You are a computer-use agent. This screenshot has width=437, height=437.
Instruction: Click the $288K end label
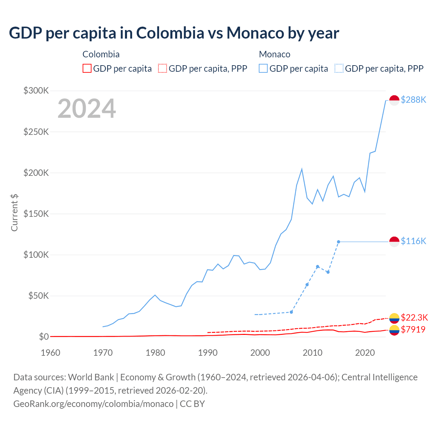click(413, 100)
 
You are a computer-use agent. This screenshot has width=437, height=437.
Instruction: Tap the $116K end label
click(413, 241)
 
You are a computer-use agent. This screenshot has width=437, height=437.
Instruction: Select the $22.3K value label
click(414, 318)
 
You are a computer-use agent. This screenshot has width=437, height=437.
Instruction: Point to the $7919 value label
click(413, 329)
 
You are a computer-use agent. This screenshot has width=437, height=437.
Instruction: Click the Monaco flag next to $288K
click(394, 100)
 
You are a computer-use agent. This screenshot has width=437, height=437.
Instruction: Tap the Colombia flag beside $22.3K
click(394, 318)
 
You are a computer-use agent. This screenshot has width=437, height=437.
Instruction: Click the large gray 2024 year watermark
click(87, 109)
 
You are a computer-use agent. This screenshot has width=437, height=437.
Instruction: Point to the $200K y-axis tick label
click(36, 173)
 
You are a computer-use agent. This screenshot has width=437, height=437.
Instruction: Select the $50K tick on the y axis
click(38, 296)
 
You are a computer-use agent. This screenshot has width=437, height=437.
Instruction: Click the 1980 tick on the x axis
click(155, 353)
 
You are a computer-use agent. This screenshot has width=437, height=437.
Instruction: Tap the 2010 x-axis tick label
click(312, 353)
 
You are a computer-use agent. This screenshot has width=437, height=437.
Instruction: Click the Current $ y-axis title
click(14, 212)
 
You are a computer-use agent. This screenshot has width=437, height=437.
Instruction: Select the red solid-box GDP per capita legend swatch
click(87, 68)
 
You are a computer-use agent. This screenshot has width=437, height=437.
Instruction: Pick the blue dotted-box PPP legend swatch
click(339, 68)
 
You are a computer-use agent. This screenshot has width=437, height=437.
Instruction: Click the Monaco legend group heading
click(274, 54)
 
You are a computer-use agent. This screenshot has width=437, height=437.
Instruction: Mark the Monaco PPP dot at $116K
click(338, 242)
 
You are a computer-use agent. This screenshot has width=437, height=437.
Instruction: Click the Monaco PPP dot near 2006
click(291, 312)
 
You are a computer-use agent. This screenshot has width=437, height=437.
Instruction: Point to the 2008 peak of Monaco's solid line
click(302, 169)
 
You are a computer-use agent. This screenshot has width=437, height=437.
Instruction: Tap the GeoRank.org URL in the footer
click(93, 404)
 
